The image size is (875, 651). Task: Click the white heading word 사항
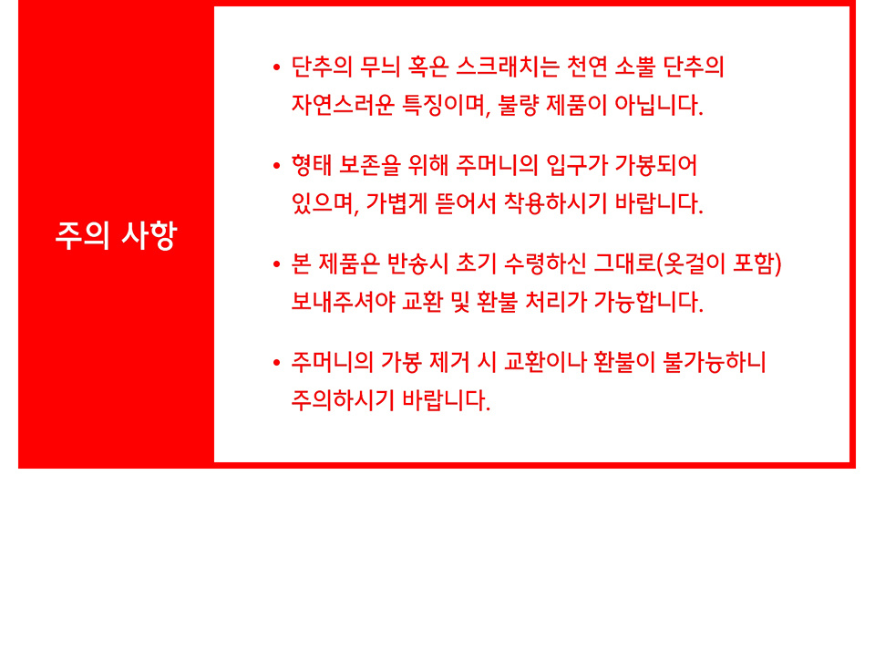(149, 235)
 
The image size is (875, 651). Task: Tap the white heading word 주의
(82, 235)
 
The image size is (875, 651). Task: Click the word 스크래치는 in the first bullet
(508, 67)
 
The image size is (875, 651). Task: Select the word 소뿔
(635, 67)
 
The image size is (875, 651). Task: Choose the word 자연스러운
(343, 105)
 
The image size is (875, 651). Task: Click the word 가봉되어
(655, 165)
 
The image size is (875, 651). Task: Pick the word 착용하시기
(555, 203)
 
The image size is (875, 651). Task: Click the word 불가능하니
(715, 362)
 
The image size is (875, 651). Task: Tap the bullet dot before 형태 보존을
(277, 166)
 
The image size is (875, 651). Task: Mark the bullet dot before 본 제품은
(277, 264)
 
